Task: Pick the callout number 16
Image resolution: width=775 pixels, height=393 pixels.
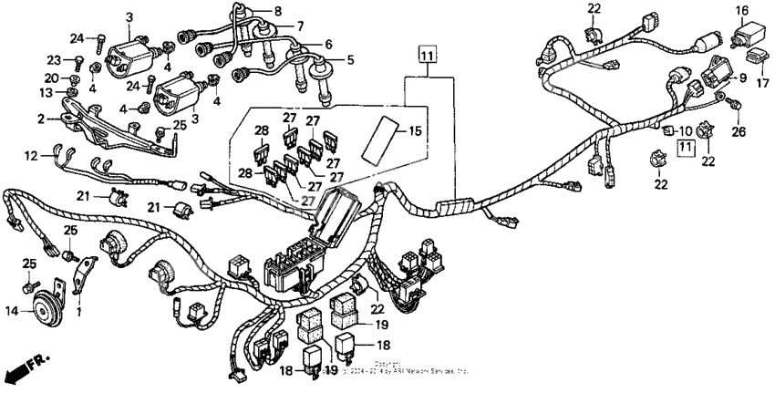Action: pyautogui.click(x=741, y=11)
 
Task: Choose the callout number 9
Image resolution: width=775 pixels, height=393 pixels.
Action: pyautogui.click(x=742, y=78)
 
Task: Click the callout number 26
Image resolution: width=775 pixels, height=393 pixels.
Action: pyautogui.click(x=738, y=132)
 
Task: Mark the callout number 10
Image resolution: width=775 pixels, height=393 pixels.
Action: pyautogui.click(x=685, y=131)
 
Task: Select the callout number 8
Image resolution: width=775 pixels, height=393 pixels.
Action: pyautogui.click(x=279, y=11)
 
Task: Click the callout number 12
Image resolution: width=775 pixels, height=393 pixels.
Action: pyautogui.click(x=31, y=156)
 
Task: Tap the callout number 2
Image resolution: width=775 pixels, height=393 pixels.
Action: pyautogui.click(x=41, y=119)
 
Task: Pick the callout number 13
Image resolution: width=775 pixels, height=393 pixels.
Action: pyautogui.click(x=45, y=93)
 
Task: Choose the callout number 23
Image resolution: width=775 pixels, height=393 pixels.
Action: pyautogui.click(x=52, y=59)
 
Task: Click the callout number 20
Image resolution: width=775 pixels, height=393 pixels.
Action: pyautogui.click(x=51, y=78)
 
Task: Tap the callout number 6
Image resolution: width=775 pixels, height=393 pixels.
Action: pyautogui.click(x=327, y=44)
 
